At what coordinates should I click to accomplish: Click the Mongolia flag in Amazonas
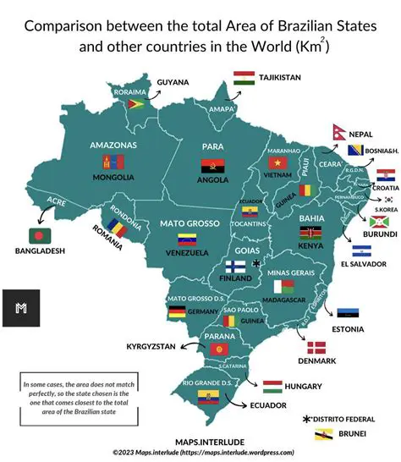click(x=113, y=162)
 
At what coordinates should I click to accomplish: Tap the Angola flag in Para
click(x=211, y=166)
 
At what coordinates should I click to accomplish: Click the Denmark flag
click(x=316, y=348)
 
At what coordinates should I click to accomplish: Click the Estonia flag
click(x=348, y=314)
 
